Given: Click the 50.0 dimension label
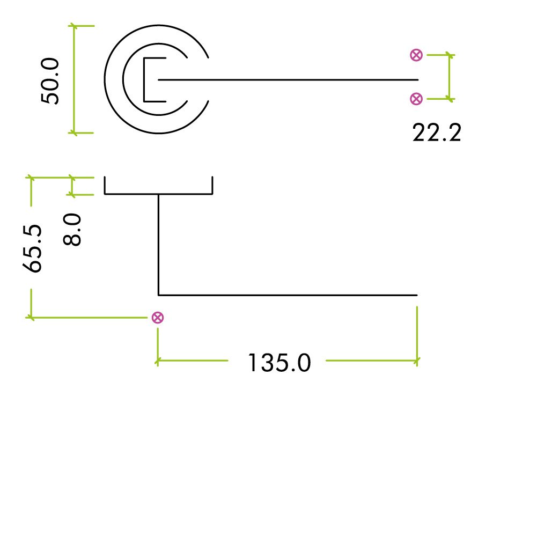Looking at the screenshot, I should click(x=52, y=82).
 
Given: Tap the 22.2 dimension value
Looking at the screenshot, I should click(x=437, y=133).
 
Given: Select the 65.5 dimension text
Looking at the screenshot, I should click(x=33, y=248).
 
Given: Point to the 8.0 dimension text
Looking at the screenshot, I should click(x=72, y=229).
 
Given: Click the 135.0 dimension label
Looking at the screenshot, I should click(x=279, y=363).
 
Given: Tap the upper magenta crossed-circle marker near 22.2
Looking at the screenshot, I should click(x=416, y=55).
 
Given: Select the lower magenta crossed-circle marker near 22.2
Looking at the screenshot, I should click(x=416, y=98).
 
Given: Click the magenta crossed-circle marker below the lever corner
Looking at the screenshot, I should click(x=157, y=318).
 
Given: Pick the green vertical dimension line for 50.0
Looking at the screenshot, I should click(x=75, y=79).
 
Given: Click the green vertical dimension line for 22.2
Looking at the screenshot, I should click(x=450, y=77).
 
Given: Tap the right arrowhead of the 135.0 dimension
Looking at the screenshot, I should click(x=416, y=361).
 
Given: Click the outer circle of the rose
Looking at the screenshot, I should click(x=106, y=79).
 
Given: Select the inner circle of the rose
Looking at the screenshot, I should click(x=124, y=79).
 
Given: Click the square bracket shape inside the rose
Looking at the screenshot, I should click(x=145, y=79).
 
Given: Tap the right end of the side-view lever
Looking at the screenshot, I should click(x=416, y=295).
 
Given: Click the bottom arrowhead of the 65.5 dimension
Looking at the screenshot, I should click(x=31, y=317).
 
